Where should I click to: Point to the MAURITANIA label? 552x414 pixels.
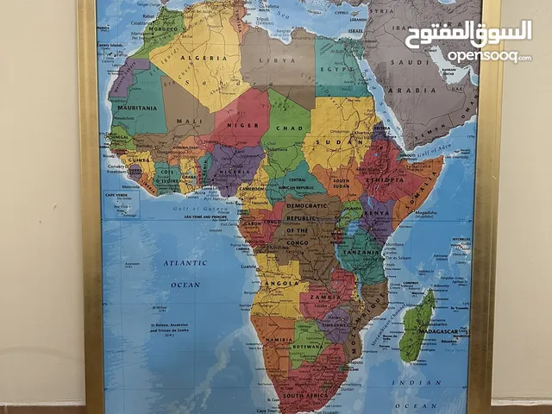click(x=140, y=107)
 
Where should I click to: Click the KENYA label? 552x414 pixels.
click(x=378, y=210)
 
